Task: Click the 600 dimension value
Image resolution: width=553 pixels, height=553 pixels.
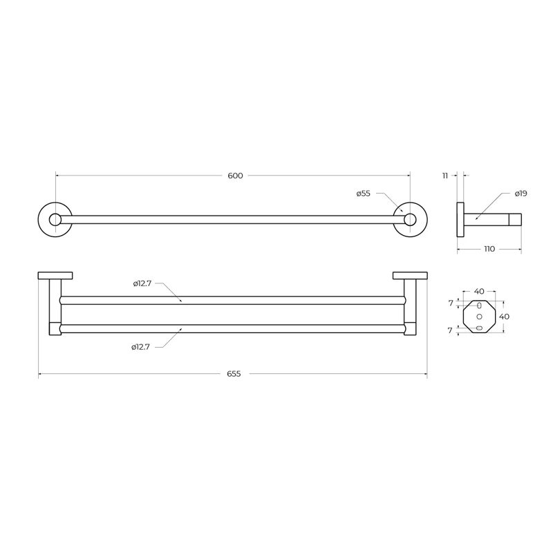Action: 235,176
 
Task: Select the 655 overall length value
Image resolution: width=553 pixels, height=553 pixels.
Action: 234,374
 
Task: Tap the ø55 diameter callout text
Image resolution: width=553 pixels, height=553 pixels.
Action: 364,194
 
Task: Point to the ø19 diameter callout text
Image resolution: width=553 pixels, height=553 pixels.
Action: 521,194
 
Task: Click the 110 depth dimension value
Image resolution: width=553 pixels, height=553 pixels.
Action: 489,249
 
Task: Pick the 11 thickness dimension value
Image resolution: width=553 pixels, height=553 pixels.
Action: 445,176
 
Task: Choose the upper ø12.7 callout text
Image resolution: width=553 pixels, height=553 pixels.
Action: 142,283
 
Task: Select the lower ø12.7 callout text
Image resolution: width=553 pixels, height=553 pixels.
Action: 141,346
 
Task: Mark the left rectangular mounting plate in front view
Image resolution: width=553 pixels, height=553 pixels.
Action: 55,276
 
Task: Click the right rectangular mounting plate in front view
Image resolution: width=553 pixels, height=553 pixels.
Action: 410,276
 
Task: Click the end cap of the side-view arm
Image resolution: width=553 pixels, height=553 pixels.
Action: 516,220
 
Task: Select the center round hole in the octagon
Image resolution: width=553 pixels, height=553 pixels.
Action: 479,317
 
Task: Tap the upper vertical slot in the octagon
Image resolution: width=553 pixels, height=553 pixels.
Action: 479,305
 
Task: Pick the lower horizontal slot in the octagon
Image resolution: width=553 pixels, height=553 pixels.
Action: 479,328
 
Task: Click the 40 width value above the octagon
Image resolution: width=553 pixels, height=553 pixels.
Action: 478,292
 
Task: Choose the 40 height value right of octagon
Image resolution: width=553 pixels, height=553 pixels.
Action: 504,317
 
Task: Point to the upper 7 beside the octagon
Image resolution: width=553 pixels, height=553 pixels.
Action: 450,303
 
